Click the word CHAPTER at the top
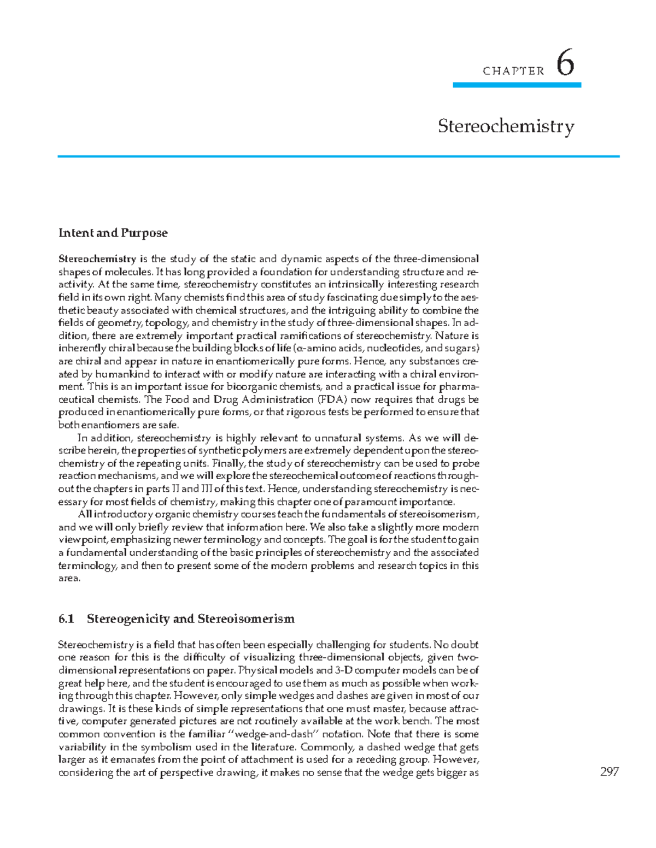click(513, 71)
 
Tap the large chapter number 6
click(565, 64)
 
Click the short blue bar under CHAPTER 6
click(517, 85)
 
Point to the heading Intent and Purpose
click(113, 233)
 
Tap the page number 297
click(609, 772)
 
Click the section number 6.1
click(66, 619)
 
